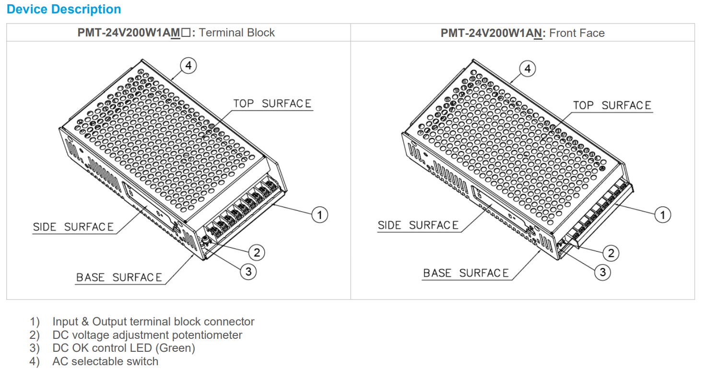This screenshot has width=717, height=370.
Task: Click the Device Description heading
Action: tap(64, 10)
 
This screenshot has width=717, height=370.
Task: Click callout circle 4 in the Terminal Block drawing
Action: tap(188, 66)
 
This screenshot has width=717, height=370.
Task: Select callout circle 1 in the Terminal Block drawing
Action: tap(320, 214)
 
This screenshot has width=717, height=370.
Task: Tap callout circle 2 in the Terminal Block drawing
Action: tap(257, 252)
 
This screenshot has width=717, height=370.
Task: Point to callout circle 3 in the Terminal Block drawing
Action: tap(248, 272)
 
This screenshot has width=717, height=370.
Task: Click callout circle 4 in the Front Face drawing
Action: tap(528, 69)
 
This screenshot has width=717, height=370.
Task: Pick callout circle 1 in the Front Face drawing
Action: tap(663, 215)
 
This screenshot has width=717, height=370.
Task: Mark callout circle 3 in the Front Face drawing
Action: tap(602, 272)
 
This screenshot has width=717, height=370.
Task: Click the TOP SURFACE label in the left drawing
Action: tap(272, 104)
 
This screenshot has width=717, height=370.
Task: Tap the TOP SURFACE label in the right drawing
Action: tap(612, 105)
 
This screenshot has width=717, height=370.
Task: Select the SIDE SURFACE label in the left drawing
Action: tap(73, 227)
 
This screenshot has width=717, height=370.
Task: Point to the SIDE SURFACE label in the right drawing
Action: tap(418, 225)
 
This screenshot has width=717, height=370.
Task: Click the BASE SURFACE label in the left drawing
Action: tap(119, 277)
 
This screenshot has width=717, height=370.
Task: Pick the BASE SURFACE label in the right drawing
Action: tap(466, 273)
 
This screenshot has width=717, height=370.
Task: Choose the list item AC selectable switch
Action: tap(105, 361)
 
